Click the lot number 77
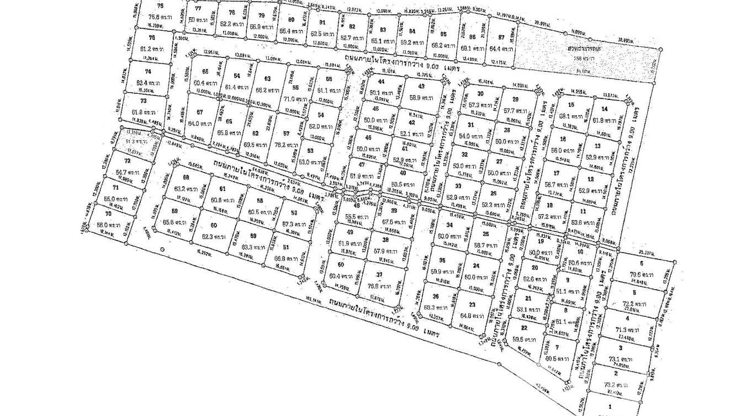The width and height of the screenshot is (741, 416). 197,9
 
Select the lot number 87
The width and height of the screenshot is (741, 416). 501,38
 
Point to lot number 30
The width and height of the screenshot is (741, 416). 480,94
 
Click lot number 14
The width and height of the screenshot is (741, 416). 604,109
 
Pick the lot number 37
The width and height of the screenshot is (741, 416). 379,275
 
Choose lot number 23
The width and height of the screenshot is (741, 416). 472,305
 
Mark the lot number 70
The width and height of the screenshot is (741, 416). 108,214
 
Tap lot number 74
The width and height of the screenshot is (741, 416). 147,72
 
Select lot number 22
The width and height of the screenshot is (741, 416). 525,328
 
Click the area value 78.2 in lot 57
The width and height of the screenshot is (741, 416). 290,145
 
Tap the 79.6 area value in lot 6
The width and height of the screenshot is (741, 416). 640,275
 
